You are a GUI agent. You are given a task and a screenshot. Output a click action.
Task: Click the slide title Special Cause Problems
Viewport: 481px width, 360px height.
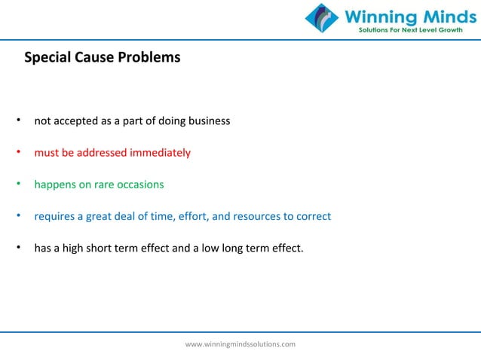tap(103, 56)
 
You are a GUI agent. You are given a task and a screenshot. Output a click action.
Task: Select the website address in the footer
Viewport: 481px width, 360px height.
tap(240, 343)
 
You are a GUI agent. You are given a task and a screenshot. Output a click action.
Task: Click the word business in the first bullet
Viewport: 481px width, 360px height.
tap(209, 121)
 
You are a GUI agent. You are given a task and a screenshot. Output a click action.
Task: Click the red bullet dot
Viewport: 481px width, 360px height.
tap(17, 153)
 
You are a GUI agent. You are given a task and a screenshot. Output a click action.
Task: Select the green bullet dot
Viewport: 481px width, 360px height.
tap(17, 185)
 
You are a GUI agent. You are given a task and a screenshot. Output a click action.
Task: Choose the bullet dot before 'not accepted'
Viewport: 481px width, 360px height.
tap(17, 121)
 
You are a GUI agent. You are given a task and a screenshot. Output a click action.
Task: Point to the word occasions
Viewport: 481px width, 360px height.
tap(141, 185)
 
